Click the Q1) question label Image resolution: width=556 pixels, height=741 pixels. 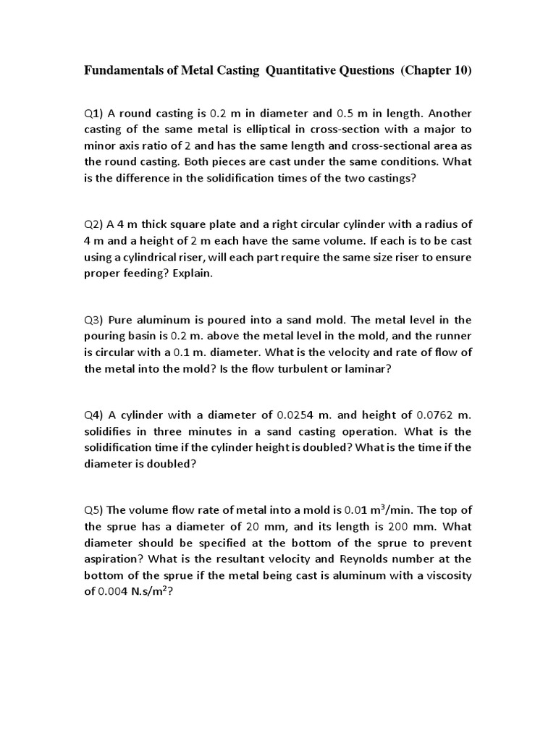(x=95, y=114)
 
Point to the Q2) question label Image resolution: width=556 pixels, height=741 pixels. (x=95, y=224)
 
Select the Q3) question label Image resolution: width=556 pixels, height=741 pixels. (x=95, y=320)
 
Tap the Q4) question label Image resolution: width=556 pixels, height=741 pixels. (x=95, y=415)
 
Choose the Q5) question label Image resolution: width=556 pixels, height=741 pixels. (x=95, y=511)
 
